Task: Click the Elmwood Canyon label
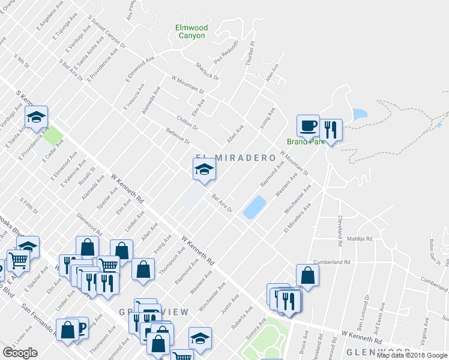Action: coord(191,31)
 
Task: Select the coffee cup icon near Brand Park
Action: coord(309,127)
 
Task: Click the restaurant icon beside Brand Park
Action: coord(330,129)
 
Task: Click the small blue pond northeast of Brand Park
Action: coord(360,114)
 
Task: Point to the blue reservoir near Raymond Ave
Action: coord(255,206)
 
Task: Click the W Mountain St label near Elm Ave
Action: coord(188,85)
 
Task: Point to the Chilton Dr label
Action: coord(187,124)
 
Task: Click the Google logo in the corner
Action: coord(20,352)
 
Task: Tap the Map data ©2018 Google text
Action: coord(412,355)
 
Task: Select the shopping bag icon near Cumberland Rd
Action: coord(307,275)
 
